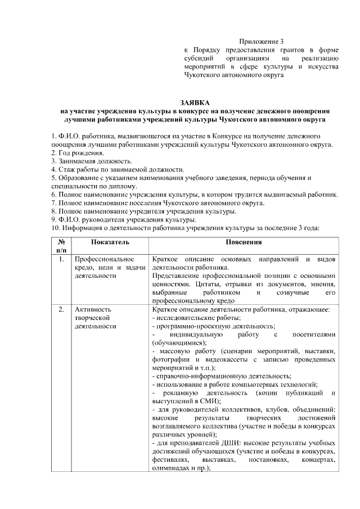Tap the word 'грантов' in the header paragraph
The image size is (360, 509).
(x=282, y=50)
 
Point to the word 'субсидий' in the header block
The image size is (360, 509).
(x=199, y=58)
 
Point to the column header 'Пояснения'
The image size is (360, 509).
(x=244, y=242)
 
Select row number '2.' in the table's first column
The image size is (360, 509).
(x=61, y=309)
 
